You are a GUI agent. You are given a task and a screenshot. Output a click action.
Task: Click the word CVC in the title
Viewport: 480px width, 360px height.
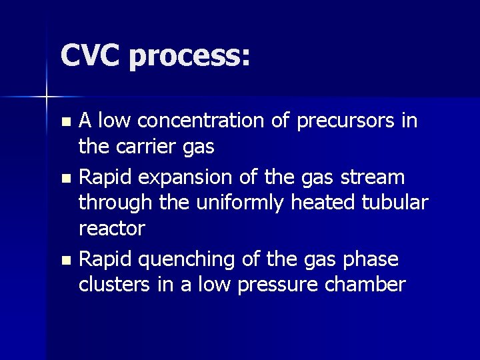89,55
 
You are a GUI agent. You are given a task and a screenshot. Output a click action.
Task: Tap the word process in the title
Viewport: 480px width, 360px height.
190,57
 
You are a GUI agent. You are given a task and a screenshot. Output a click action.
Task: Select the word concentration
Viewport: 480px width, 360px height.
213,121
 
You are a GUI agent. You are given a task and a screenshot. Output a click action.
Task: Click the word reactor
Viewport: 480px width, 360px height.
111,228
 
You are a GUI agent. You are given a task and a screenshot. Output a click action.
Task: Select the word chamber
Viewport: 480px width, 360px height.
370,285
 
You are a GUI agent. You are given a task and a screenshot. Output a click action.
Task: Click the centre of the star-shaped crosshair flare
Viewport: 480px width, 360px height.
47,98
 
